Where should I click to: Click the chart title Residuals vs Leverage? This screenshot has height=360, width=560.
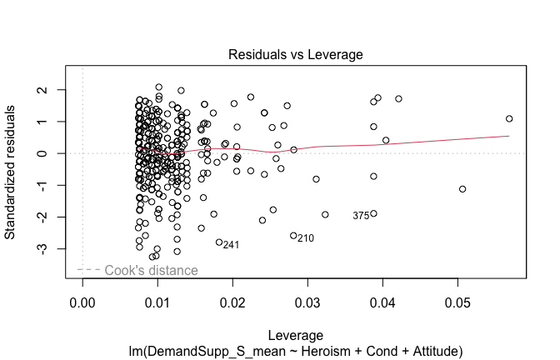tap(296, 54)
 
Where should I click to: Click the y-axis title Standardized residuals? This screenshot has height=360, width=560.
tap(12, 171)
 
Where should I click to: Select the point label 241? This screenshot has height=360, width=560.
tap(232, 245)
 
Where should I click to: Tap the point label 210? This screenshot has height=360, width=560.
tap(305, 238)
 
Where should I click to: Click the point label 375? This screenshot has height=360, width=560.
tap(361, 216)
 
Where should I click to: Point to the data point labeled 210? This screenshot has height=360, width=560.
tap(293, 236)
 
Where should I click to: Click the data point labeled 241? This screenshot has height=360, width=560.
tap(219, 242)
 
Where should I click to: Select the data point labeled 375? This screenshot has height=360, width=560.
tap(373, 213)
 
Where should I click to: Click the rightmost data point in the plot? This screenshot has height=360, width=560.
tap(509, 118)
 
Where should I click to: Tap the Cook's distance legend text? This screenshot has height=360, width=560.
tap(162, 270)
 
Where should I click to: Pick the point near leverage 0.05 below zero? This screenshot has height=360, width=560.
tap(462, 189)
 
